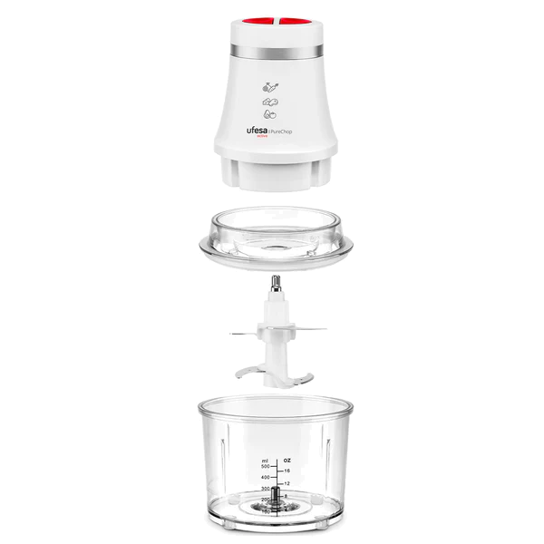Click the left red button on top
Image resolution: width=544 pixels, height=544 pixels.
coord(257,20)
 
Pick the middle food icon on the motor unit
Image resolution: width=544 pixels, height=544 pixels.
coord(271,104)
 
